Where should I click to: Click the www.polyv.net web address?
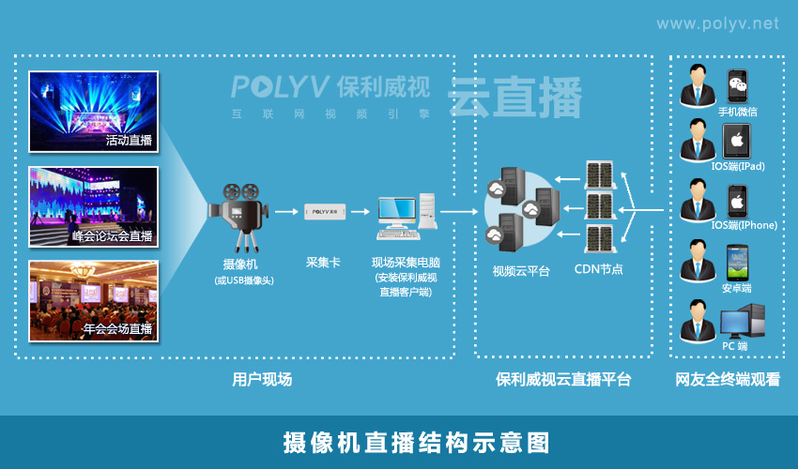[717, 23]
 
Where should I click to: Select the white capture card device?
[326, 211]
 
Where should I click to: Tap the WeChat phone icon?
[739, 85]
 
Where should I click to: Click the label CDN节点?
[598, 269]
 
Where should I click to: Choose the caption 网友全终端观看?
[728, 380]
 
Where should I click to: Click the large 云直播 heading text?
[514, 98]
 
